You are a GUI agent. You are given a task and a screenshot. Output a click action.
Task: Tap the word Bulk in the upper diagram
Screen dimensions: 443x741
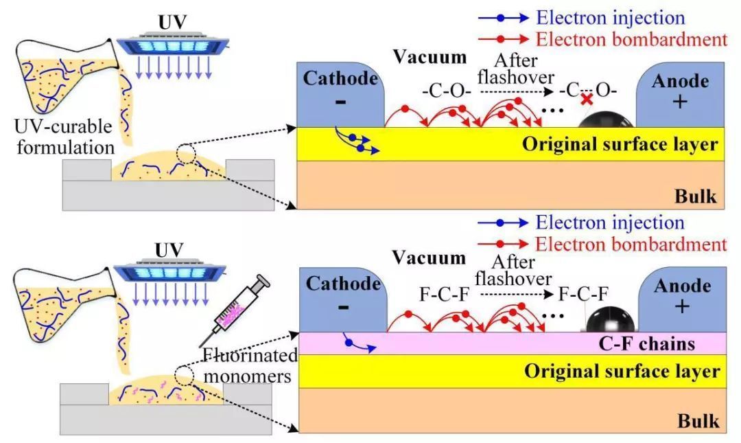(696, 196)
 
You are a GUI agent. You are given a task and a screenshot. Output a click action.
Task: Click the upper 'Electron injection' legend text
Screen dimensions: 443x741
(610, 18)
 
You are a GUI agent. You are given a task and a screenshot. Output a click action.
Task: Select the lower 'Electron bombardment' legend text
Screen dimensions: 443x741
(631, 244)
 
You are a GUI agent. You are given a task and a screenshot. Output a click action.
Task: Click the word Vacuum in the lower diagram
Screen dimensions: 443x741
(429, 258)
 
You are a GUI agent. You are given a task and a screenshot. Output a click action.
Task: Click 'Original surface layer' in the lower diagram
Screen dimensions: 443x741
(622, 372)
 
